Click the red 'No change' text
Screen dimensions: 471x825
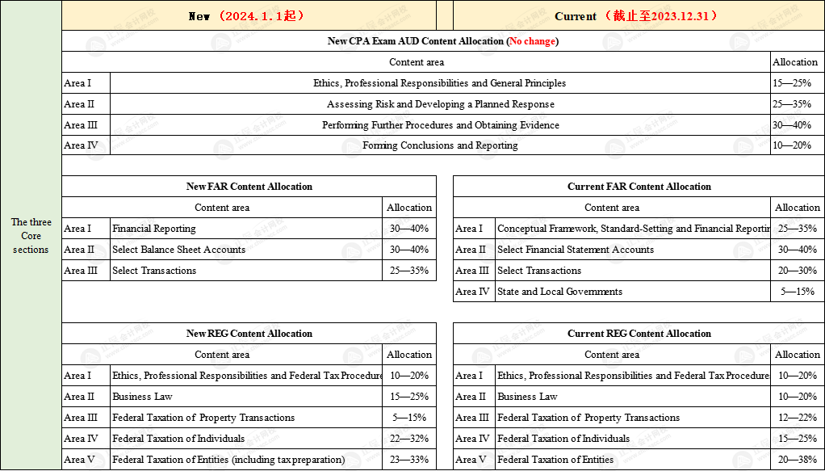tap(532, 41)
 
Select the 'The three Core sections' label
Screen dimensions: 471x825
tap(31, 236)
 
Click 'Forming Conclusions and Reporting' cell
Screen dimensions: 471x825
tap(440, 145)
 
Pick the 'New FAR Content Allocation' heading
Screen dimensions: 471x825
tap(249, 187)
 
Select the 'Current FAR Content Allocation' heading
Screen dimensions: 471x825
tap(639, 187)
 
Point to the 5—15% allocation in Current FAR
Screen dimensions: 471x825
tap(797, 292)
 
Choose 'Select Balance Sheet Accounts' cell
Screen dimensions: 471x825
tap(178, 250)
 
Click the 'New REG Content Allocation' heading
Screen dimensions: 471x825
tap(249, 334)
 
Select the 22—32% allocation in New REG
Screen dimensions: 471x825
tap(408, 439)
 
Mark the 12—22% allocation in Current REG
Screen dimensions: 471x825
tap(797, 418)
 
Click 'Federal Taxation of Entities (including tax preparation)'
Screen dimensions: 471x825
tap(228, 460)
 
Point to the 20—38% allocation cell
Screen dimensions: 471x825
tap(797, 460)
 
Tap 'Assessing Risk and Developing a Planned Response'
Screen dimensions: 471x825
tap(440, 104)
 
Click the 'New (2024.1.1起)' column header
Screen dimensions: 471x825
tap(248, 16)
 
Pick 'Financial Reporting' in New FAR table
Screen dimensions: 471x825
tap(153, 229)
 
